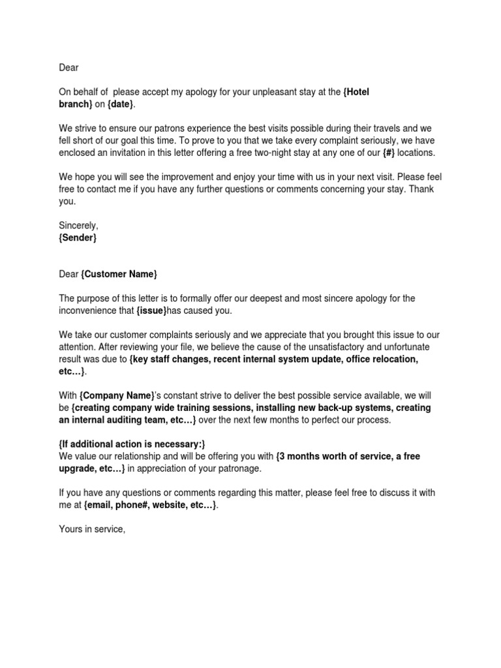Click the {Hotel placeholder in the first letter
coord(356,92)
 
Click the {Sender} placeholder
coord(78,237)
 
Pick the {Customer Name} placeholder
coord(119,273)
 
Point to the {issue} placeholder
coord(151,310)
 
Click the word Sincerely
coord(78,225)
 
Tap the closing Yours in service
coord(91,529)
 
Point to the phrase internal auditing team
coord(125,419)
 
